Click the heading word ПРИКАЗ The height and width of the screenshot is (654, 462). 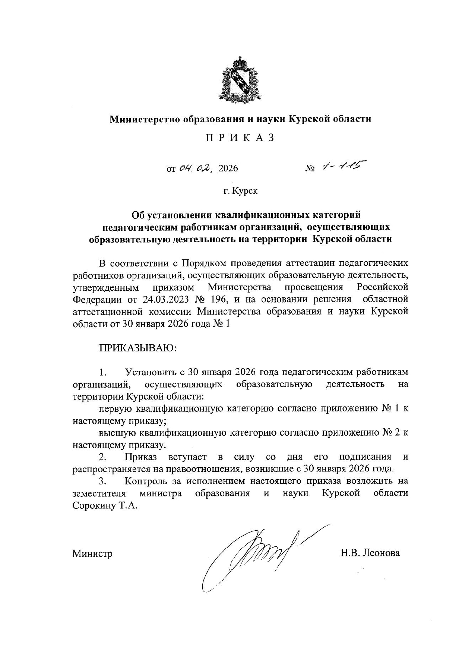pos(240,138)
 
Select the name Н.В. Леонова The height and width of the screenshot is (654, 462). pos(370,553)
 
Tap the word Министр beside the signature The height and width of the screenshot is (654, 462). pos(92,553)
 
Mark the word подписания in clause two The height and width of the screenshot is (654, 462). pos(365,457)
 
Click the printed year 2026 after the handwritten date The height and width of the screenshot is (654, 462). pos(228,168)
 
